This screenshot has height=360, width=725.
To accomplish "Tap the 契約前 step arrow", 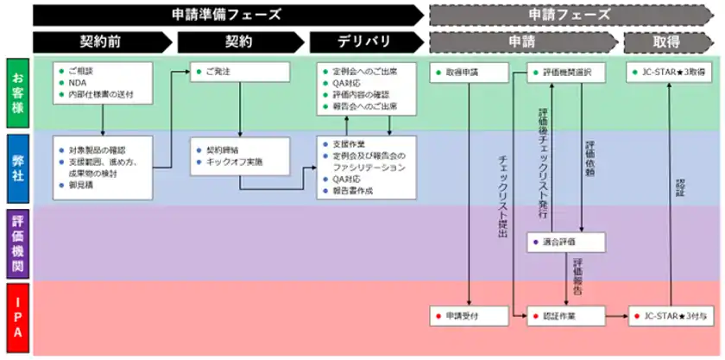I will point(102,41).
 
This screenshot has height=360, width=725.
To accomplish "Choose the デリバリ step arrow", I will point(362,41).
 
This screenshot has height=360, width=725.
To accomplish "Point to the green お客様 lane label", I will point(18,93).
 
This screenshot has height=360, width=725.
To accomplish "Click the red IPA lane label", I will point(18,316).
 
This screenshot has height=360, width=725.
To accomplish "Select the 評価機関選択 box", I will point(565,73).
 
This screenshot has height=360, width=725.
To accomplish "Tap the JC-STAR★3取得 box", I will point(672,73).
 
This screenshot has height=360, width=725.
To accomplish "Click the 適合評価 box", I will point(565,242).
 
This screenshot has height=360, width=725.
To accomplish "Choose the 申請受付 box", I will point(467,317).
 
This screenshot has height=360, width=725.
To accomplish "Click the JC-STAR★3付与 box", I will point(672,317).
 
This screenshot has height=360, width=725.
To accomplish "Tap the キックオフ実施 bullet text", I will point(235,162).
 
